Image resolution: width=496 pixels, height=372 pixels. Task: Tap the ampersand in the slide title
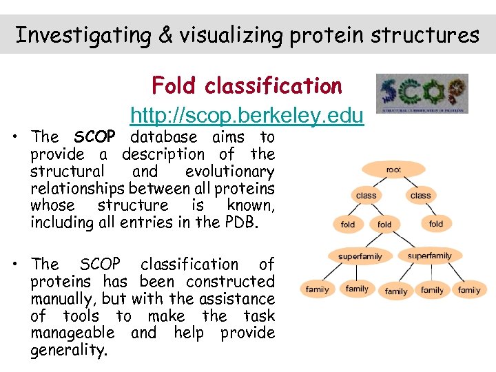[165, 34]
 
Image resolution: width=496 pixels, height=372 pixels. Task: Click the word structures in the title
[432, 34]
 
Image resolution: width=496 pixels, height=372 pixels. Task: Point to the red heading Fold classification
[247, 86]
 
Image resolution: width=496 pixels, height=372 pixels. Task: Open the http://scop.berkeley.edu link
[247, 116]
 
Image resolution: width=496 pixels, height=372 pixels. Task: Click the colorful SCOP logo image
[422, 93]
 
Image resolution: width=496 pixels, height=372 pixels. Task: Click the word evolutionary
[229, 172]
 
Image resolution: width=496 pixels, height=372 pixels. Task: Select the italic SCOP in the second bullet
[100, 264]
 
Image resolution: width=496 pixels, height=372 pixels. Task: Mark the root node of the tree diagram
[393, 169]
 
